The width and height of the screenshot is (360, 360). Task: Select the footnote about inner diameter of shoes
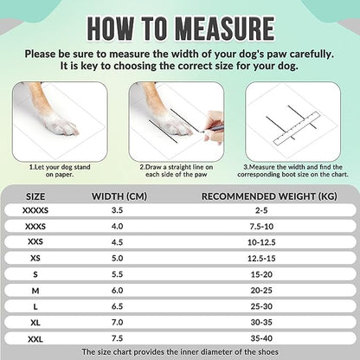[180, 352]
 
